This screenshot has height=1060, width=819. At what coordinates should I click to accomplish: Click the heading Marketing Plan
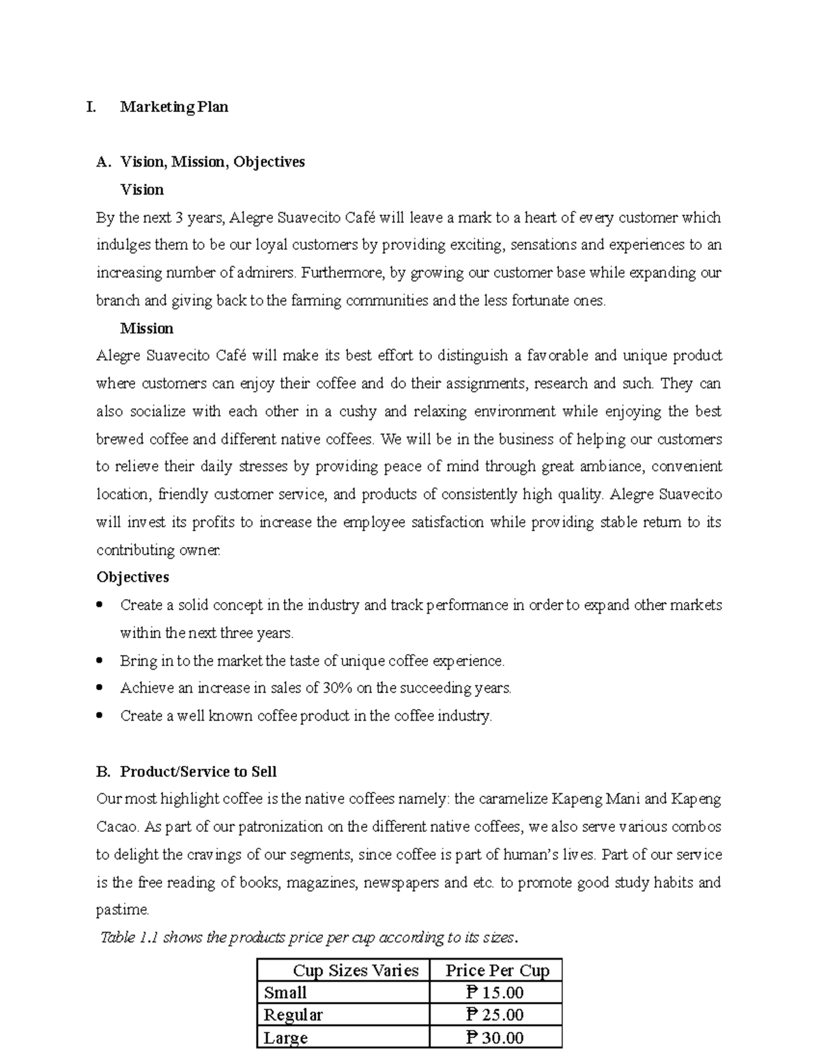[x=174, y=107]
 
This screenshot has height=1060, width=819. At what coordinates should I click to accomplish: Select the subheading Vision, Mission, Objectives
[x=212, y=162]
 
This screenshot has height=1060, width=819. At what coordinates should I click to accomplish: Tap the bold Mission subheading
[x=147, y=328]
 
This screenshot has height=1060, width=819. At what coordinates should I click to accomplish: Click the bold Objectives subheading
[x=132, y=577]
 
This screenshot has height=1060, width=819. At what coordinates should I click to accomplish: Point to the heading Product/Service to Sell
[x=198, y=772]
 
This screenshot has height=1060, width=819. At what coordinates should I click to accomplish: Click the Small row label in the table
[x=285, y=992]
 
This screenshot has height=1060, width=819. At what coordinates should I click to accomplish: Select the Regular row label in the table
[x=293, y=1015]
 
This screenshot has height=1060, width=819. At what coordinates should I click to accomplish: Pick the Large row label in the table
[x=286, y=1038]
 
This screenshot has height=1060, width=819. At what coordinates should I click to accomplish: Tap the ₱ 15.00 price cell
[x=495, y=992]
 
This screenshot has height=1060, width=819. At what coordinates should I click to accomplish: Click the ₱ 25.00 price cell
[x=495, y=1015]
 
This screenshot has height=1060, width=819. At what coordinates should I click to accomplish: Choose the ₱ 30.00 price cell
[x=495, y=1038]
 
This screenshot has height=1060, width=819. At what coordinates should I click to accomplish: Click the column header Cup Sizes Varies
[x=355, y=971]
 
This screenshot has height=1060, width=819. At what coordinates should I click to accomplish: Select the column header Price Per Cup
[x=497, y=971]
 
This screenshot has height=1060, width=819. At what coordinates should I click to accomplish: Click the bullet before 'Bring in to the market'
[x=101, y=661]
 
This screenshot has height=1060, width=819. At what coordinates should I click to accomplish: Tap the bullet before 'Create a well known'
[x=101, y=716]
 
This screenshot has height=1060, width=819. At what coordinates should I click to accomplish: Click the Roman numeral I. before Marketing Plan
[x=91, y=107]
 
